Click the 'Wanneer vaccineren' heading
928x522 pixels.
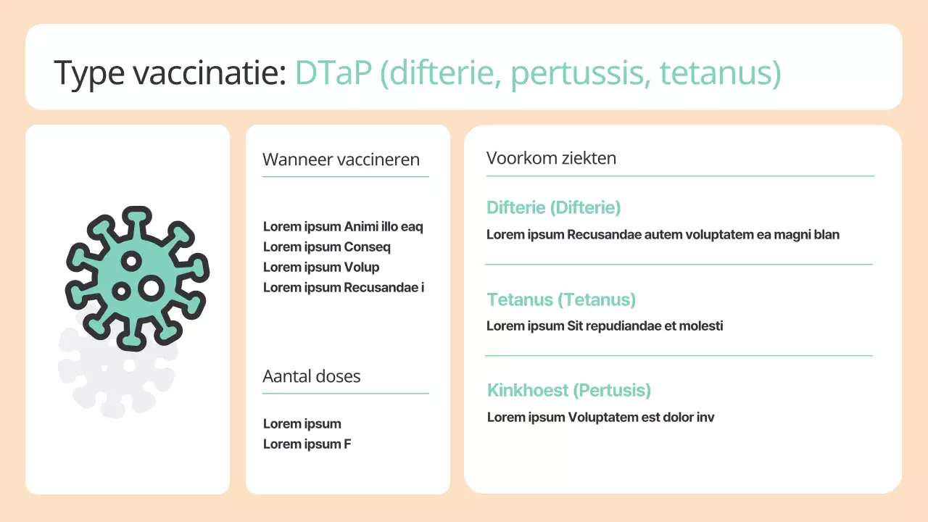pos(341,159)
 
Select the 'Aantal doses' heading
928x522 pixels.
pos(311,376)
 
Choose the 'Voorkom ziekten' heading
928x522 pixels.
pos(551,158)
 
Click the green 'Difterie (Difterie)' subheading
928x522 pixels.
pos(553,207)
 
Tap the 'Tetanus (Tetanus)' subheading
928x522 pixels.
pos(561,299)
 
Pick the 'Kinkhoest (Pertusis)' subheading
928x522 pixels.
pos(569,390)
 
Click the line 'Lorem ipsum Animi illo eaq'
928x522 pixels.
pos(343,226)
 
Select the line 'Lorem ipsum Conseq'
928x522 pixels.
pos(326,246)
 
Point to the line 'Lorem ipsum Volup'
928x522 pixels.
pos(320,267)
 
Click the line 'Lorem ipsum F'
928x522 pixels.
pos(307,444)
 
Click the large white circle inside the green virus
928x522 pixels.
pos(151,288)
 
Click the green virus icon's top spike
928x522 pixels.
pos(136,217)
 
